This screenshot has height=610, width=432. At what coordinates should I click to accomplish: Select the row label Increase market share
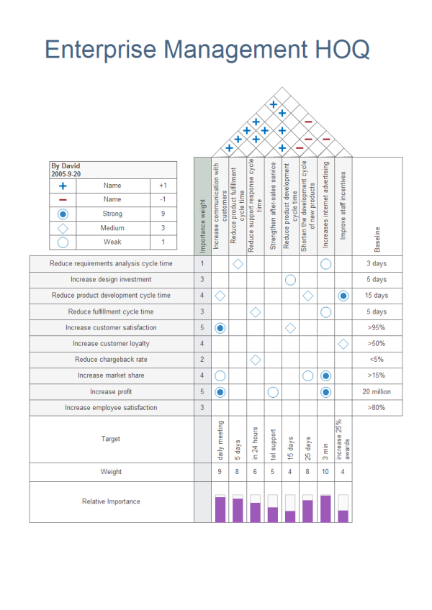(111, 375)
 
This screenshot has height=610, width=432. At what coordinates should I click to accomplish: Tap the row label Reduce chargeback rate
(111, 360)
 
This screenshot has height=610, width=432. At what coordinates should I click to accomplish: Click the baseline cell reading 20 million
(376, 391)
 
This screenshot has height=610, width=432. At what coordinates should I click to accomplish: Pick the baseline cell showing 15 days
(376, 296)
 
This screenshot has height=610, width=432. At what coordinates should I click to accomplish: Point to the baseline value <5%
(376, 360)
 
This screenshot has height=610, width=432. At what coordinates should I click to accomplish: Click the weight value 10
(325, 472)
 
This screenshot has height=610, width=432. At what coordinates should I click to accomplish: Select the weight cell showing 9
(220, 472)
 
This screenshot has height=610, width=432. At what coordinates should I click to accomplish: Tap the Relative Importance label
(111, 501)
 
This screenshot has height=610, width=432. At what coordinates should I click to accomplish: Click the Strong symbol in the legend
(63, 214)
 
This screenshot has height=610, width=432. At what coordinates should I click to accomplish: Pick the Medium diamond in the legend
(63, 228)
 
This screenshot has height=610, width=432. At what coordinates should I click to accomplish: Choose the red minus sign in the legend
(63, 199)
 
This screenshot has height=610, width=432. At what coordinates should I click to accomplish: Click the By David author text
(66, 166)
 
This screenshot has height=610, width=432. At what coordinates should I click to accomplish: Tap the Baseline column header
(377, 240)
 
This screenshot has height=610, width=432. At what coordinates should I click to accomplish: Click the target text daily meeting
(220, 440)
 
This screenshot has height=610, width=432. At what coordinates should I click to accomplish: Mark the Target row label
(111, 439)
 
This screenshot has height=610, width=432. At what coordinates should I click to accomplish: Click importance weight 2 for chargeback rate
(202, 360)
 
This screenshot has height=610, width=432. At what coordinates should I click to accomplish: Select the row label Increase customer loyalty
(111, 344)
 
